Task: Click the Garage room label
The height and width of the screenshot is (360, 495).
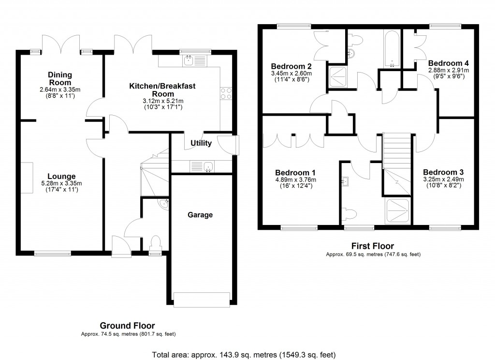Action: tap(200, 215)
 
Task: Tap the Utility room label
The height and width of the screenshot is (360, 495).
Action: tap(201, 143)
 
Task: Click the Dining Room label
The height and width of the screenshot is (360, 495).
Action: tap(60, 78)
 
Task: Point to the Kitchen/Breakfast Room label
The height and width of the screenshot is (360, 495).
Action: tap(162, 90)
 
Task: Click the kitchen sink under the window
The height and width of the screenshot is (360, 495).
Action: tap(189, 60)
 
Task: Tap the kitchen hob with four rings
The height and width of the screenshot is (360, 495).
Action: tap(226, 93)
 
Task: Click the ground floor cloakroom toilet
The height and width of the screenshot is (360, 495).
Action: tap(156, 241)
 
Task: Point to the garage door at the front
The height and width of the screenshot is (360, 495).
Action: tap(202, 300)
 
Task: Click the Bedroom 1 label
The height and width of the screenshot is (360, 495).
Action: tap(295, 172)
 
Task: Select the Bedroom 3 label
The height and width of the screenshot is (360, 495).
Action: tap(443, 172)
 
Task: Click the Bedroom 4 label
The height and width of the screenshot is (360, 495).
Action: tap(448, 63)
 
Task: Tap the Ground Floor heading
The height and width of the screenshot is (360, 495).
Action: tap(127, 326)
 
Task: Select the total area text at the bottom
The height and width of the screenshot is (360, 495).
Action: tap(244, 355)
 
